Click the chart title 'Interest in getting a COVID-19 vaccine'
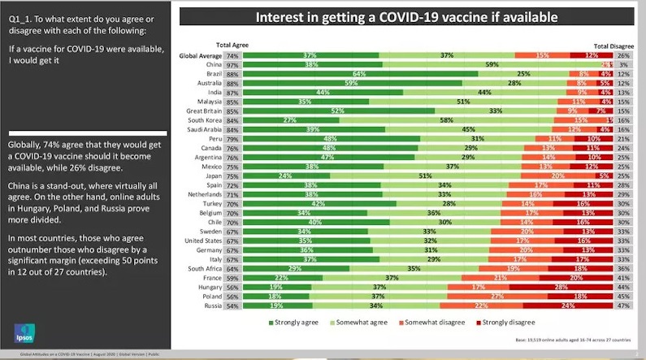coord(407,16)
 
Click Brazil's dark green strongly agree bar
coord(360,73)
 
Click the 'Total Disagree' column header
coord(614,46)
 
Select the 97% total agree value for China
coord(232,64)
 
